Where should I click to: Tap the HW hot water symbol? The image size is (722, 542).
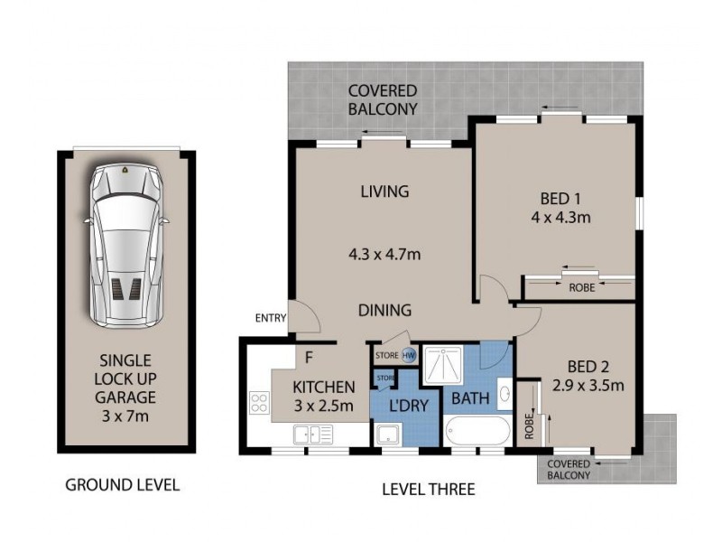point(408,355)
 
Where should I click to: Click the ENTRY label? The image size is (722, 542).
point(271,318)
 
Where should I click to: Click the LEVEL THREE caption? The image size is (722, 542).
point(428,490)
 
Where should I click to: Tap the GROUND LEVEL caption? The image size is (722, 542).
point(123,485)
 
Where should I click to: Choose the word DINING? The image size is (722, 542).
point(385,310)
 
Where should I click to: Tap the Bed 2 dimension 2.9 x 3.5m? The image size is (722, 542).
point(588,387)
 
